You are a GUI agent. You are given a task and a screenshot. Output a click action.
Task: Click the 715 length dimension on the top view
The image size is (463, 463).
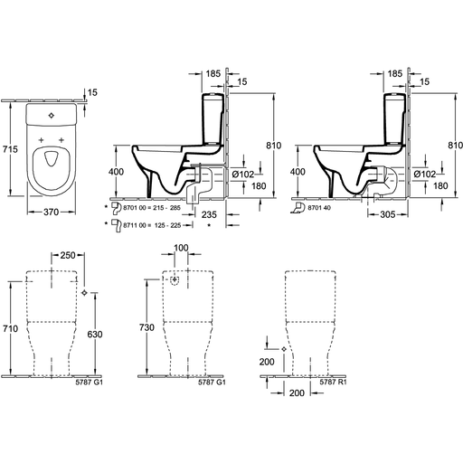(10, 149)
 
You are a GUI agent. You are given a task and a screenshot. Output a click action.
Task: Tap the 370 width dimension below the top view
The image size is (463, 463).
(51, 213)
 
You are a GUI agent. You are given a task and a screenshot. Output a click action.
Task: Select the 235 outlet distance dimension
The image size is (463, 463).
(209, 214)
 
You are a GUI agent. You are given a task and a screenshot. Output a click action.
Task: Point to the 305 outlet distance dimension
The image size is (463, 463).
(387, 214)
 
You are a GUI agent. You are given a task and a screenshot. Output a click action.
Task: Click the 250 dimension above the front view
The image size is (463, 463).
(68, 255)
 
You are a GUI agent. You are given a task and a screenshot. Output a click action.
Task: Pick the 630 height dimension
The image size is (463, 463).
(95, 335)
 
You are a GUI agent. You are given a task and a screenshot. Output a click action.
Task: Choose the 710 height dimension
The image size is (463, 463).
(10, 328)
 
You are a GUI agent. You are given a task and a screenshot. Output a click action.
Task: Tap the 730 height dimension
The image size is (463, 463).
(146, 327)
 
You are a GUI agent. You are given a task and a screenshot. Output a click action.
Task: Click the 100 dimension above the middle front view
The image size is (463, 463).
(181, 248)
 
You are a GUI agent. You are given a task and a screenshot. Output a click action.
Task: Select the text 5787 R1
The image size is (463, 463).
(333, 382)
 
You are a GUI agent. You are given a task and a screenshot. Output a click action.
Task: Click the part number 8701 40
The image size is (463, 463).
(319, 208)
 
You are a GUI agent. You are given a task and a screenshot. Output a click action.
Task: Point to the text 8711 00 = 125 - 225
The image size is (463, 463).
(152, 225)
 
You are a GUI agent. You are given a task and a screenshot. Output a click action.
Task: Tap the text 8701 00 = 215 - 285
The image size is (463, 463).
(152, 208)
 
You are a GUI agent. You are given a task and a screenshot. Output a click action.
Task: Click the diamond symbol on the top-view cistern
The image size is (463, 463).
(52, 115)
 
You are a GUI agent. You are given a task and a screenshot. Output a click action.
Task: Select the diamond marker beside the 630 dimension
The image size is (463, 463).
(84, 292)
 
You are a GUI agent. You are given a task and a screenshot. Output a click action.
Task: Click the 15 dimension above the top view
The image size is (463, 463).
(92, 92)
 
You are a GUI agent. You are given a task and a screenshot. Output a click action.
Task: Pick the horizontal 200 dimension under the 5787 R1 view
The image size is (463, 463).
(297, 392)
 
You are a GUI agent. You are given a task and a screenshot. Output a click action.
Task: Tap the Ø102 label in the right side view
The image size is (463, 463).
(425, 175)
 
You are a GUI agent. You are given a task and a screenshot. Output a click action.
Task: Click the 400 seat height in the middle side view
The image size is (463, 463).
(116, 172)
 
